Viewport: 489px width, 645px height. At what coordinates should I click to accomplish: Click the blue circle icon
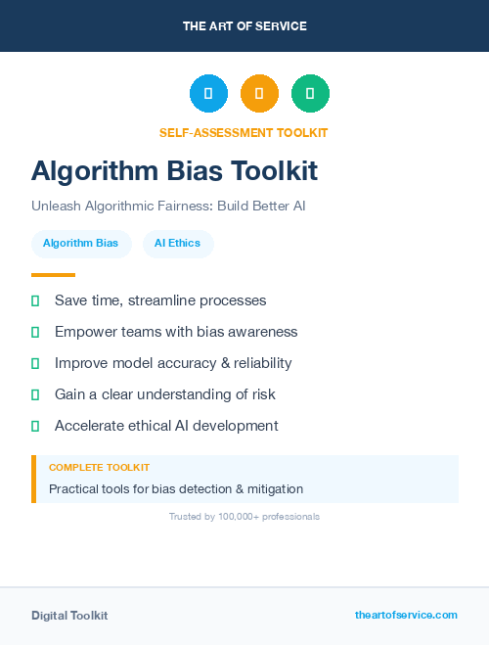[x=208, y=93]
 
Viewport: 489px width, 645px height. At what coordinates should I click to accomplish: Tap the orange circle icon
[x=259, y=93]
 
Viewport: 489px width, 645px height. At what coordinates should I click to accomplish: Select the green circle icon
[x=310, y=93]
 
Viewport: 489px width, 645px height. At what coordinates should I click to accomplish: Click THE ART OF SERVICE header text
[x=244, y=26]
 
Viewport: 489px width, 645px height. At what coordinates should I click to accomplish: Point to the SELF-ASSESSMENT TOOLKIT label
[x=244, y=132]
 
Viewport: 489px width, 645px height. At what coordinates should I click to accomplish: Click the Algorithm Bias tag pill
[x=80, y=244]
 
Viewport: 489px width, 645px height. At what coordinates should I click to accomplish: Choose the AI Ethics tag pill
[x=177, y=244]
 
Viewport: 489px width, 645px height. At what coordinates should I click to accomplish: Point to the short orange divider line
[x=53, y=275]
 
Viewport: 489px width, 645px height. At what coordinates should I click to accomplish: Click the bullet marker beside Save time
[x=35, y=300]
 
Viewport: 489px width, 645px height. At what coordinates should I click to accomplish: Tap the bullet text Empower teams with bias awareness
[x=176, y=332]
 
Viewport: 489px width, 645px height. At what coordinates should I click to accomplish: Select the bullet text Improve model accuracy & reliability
[x=173, y=363]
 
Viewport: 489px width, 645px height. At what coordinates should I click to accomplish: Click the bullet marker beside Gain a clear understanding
[x=35, y=394]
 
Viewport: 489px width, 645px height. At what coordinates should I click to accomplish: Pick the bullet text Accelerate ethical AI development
[x=166, y=426]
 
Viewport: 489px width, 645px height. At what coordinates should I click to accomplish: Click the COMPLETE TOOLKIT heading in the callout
[x=99, y=468]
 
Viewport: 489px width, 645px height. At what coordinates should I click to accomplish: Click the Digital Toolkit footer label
[x=69, y=616]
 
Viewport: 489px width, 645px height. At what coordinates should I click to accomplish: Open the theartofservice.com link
[x=406, y=615]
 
